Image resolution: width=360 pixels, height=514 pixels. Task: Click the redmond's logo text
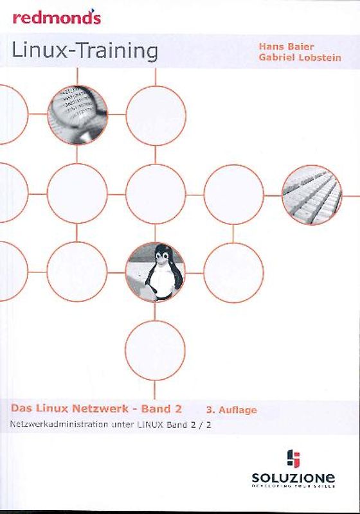[57, 17]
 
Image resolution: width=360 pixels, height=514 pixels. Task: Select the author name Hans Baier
[281, 46]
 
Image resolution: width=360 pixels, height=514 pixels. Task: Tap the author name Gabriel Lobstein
[300, 58]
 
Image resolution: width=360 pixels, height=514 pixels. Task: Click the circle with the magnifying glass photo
[77, 115]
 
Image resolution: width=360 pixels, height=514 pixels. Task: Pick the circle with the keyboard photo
[312, 195]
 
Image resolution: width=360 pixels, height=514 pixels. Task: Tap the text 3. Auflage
[231, 409]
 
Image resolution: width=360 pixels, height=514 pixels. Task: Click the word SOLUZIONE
[292, 478]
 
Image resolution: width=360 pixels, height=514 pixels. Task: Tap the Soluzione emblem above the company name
[293, 459]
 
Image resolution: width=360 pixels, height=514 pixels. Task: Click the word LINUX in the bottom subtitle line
[148, 424]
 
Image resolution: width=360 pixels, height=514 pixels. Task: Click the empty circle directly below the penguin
[155, 350]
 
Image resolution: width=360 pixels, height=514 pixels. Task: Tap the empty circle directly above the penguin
[156, 194]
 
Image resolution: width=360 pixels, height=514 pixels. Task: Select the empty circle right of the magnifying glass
[156, 116]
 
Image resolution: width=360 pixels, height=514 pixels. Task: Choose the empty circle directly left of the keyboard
[234, 194]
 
